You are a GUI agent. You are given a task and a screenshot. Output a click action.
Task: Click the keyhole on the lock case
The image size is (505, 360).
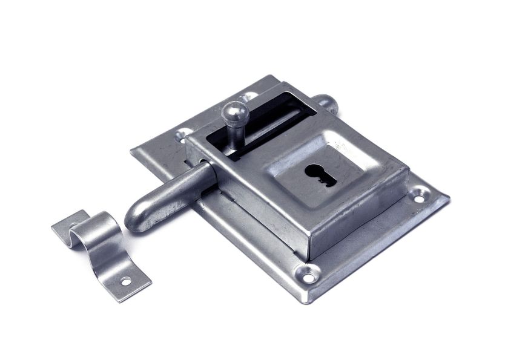(x=320, y=174)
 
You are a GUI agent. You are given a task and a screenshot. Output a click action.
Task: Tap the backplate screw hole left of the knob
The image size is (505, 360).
(x=182, y=137)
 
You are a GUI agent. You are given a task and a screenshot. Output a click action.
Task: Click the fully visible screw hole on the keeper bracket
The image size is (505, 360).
(x=126, y=280)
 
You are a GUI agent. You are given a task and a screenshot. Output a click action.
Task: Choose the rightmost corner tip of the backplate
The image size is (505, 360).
(x=449, y=195)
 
